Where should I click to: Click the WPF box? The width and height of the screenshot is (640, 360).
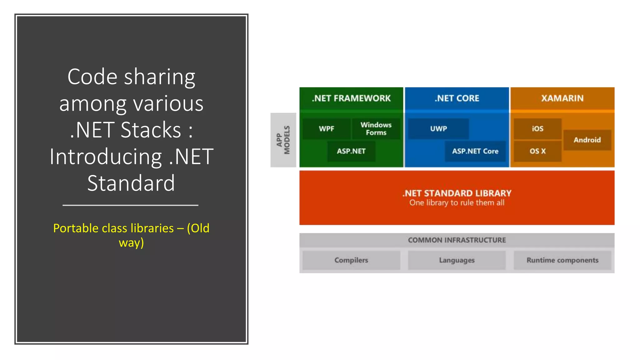(x=326, y=129)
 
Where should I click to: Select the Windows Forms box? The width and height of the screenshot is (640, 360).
(x=376, y=129)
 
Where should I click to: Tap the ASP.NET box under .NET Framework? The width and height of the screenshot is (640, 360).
(x=351, y=151)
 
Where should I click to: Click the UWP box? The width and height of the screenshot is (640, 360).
(x=438, y=129)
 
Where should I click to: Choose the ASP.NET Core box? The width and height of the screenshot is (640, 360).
(x=475, y=151)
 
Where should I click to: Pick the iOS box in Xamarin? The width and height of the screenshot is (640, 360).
(x=537, y=129)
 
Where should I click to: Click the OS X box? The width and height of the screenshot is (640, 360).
(x=537, y=151)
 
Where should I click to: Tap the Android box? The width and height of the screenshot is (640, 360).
(x=587, y=140)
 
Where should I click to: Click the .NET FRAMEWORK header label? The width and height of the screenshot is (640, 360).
(x=351, y=98)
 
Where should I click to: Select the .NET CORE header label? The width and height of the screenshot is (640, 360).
(x=457, y=98)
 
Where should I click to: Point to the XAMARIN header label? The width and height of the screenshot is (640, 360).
(x=562, y=98)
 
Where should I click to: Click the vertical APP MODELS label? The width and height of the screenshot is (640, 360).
(x=283, y=140)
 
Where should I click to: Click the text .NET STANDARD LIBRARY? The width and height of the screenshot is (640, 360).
(x=457, y=193)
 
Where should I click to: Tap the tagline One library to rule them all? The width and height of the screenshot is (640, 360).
(x=457, y=203)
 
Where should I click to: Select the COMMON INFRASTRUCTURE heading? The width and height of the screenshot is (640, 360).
(x=457, y=240)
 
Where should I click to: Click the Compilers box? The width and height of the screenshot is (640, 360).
(x=351, y=260)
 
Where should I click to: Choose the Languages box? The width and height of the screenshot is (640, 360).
(x=457, y=260)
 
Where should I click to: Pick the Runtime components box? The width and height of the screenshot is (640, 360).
(x=562, y=260)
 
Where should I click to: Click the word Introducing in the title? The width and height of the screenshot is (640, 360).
(x=106, y=157)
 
